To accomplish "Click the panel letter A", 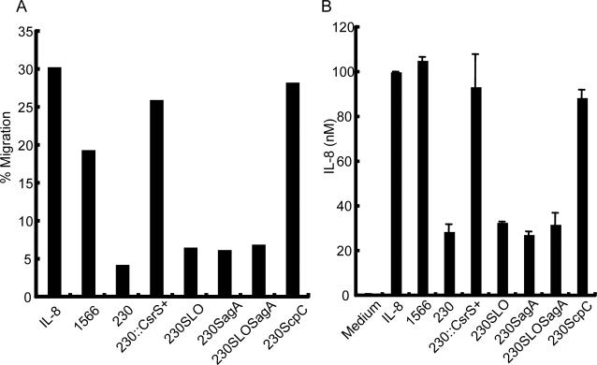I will tap(7, 8).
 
